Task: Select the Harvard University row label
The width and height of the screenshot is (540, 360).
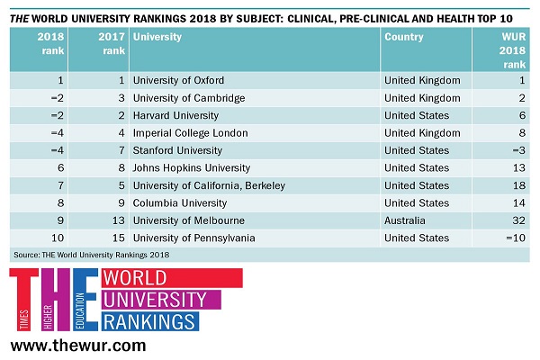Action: [175, 115]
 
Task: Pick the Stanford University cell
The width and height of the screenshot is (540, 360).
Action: [177, 150]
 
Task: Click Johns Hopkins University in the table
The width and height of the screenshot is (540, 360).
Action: [190, 168]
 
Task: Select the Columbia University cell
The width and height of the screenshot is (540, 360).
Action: [178, 203]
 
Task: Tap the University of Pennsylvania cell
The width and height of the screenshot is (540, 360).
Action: [193, 238]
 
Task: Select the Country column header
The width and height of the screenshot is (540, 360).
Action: [404, 37]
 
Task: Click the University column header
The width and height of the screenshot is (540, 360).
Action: [157, 37]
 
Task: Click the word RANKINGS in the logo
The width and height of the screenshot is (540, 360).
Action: [150, 320]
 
